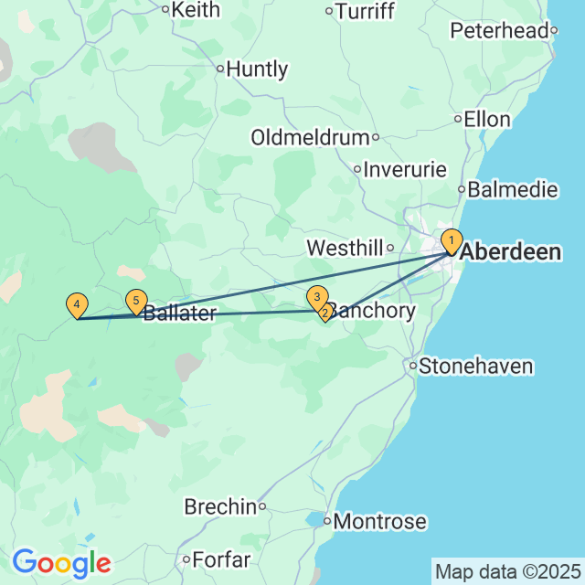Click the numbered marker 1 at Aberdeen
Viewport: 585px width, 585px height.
click(451, 241)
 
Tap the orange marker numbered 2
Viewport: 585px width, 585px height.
click(324, 314)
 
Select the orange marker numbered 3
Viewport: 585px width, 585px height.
click(316, 296)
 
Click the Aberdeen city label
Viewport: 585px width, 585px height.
click(511, 252)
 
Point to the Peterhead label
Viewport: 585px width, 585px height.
click(500, 31)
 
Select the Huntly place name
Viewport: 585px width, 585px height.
click(257, 69)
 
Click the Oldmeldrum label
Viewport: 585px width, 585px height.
click(310, 137)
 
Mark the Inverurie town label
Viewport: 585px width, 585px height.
click(405, 169)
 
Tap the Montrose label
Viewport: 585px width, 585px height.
click(380, 522)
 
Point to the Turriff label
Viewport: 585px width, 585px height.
click(365, 11)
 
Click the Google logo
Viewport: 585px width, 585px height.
click(61, 562)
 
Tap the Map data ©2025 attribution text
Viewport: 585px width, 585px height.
click(508, 572)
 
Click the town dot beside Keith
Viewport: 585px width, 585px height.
click(165, 10)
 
